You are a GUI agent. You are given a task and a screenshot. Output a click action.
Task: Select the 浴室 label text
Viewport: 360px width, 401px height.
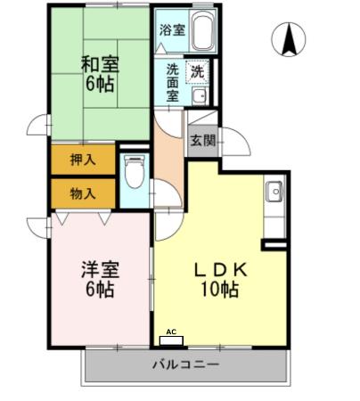171,30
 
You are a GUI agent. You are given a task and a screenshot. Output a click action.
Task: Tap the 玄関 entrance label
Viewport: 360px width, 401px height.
202,139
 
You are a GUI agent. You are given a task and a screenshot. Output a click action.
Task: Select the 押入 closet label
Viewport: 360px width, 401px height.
82,161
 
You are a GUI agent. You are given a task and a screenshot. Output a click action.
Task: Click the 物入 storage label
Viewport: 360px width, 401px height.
82,192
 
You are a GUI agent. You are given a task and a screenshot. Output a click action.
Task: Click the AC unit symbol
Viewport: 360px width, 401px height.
170,339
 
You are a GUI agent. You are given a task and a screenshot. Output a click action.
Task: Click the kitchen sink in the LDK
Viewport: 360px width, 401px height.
274,191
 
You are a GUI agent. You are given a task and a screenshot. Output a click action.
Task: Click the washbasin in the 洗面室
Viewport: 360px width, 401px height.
200,95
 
